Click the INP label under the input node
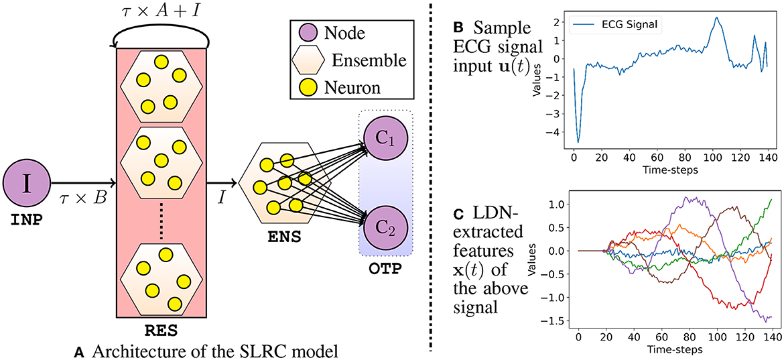[x=25, y=219]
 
